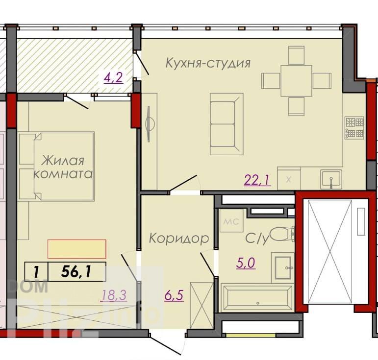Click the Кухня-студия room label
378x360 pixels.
[208, 63]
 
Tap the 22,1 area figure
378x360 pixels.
[257, 180]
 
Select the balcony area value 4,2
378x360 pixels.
[113, 77]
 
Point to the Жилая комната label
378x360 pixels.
[63, 167]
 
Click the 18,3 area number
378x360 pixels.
[114, 295]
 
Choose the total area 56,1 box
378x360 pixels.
[77, 272]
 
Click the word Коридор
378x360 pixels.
[179, 238]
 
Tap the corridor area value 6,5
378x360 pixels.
[174, 295]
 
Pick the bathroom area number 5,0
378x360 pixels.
[246, 263]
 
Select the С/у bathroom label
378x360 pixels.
[257, 239]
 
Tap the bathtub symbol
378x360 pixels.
[257, 298]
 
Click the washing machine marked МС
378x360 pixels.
[231, 220]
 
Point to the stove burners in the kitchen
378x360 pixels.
[354, 128]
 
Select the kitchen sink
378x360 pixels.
[331, 179]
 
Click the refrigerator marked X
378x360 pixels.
[289, 178]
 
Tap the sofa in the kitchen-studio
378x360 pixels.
[227, 124]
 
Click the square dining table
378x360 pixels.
[296, 81]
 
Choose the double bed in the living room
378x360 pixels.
[56, 167]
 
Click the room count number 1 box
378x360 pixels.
[36, 272]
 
